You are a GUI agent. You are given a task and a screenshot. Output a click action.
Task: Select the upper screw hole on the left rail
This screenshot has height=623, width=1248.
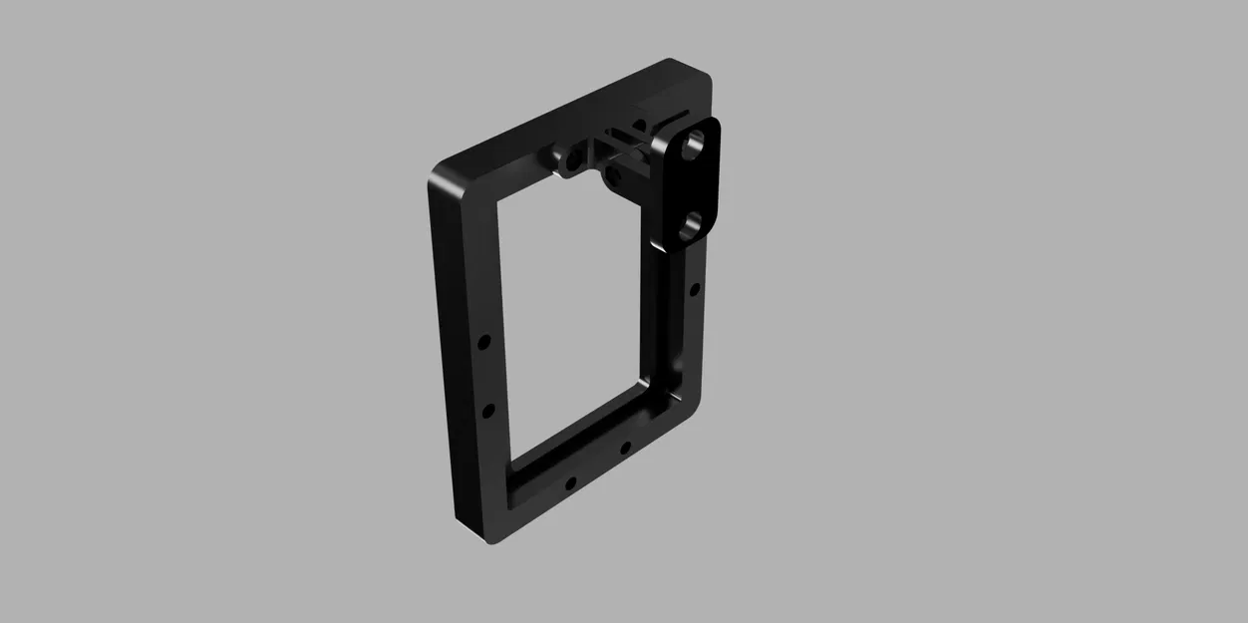(483, 342)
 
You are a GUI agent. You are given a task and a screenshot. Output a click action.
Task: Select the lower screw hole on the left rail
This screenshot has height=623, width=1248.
(488, 410)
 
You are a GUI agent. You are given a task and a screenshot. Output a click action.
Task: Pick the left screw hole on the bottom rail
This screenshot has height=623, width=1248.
(570, 485)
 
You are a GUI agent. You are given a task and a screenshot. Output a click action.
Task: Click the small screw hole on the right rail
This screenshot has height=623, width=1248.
(695, 290)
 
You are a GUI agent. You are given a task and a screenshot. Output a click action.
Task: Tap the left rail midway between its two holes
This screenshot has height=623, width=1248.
(485, 376)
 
